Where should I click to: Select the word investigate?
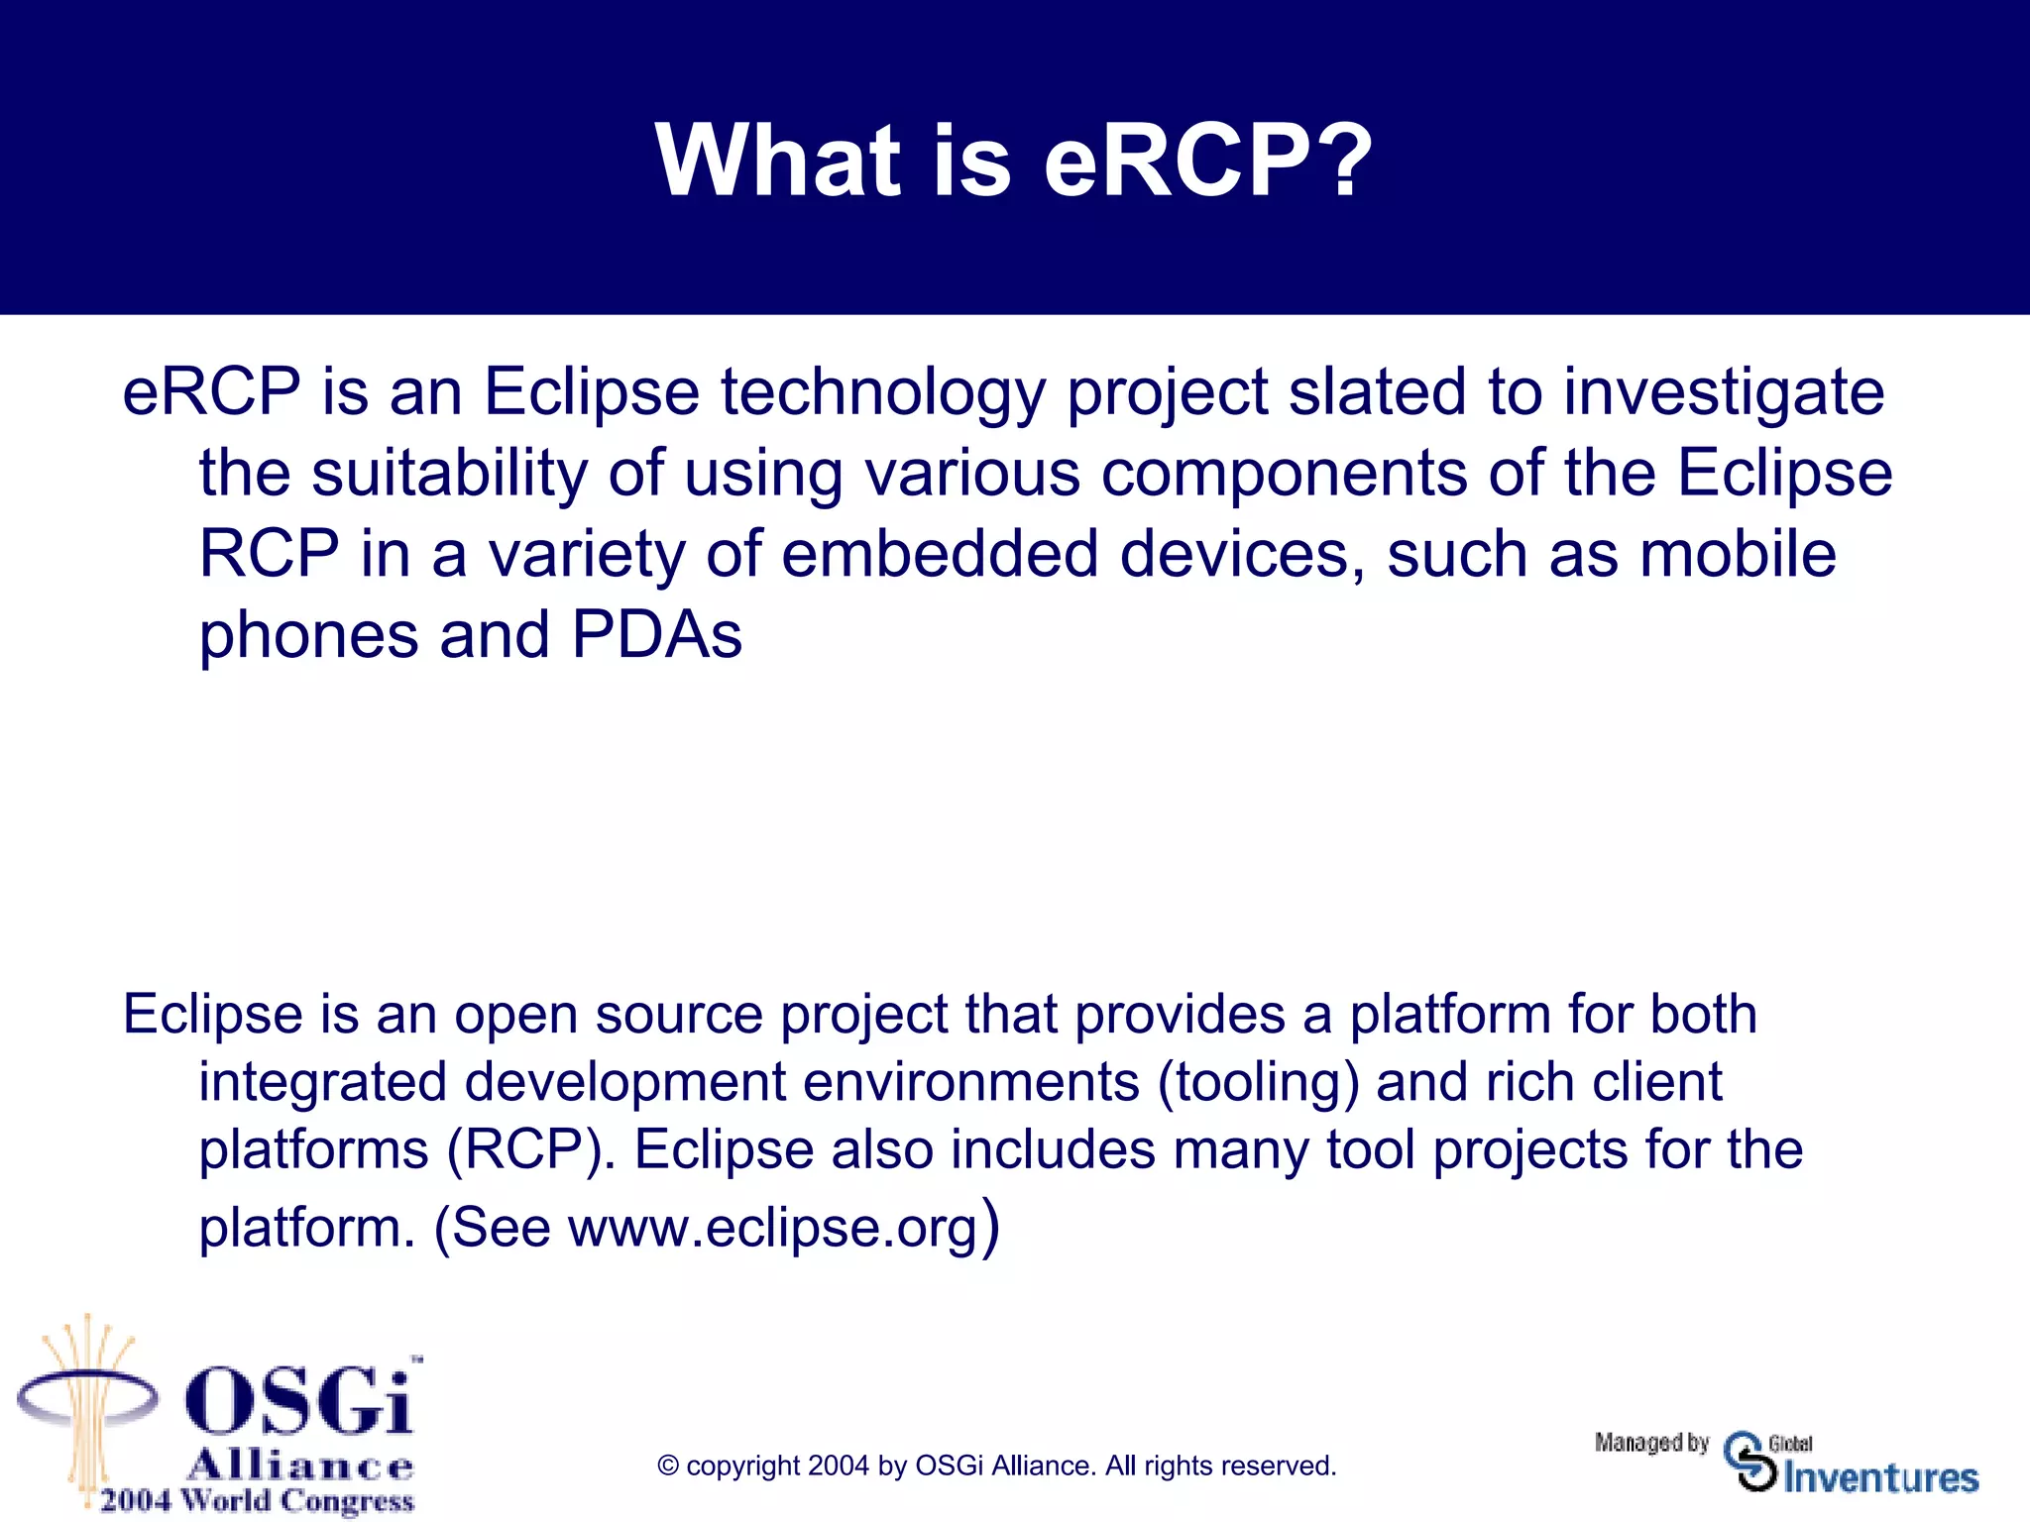coord(1724,393)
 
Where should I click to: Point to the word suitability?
coord(449,473)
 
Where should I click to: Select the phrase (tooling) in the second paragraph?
coord(1258,1082)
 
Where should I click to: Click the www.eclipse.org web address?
coord(772,1228)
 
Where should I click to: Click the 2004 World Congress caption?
coord(257,1500)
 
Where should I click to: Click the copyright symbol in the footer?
coord(668,1467)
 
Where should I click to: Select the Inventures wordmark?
coord(1880,1477)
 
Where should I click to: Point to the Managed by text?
coord(1651,1443)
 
